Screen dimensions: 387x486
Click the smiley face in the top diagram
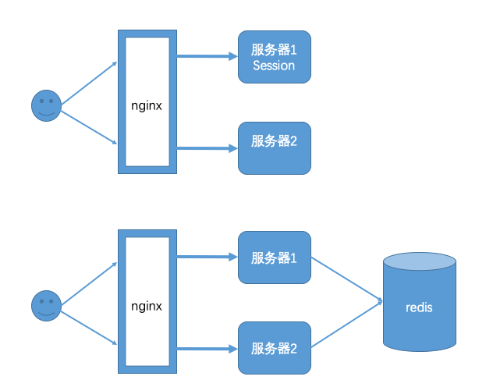point(46,105)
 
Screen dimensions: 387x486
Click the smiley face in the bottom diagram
point(46,305)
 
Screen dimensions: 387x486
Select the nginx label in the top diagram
point(147,105)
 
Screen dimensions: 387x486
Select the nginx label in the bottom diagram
point(147,305)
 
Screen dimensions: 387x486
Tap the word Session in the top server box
point(274,66)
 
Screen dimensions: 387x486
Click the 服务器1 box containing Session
point(275,57)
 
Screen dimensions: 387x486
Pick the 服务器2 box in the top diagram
point(275,147)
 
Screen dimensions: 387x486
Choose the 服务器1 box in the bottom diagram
point(275,257)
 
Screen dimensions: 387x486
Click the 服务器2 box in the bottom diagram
point(275,348)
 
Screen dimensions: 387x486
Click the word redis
point(419,307)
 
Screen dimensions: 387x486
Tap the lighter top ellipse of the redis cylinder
point(419,261)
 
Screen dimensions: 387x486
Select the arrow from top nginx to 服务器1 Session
point(207,56)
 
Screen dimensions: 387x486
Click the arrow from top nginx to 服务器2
point(207,147)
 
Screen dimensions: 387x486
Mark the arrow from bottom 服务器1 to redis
point(347,279)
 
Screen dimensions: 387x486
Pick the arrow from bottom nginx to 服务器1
point(207,256)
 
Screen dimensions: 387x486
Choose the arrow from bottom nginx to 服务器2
point(207,347)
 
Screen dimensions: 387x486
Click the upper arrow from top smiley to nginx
point(88,83)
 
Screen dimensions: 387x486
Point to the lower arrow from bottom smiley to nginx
point(88,328)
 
